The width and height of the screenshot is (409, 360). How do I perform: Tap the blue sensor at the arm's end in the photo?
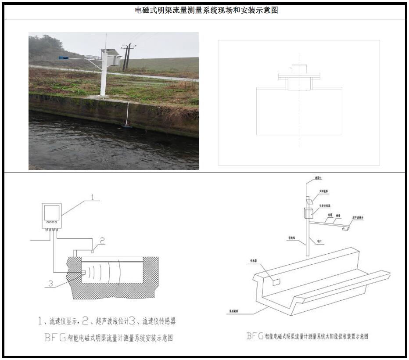click(x=63, y=58)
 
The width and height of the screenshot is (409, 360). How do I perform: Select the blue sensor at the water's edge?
click(x=127, y=127)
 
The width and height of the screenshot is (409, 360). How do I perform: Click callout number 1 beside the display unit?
click(x=93, y=197)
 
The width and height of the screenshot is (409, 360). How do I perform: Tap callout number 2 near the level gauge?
click(x=102, y=240)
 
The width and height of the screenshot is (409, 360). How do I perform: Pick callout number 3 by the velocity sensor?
click(x=50, y=284)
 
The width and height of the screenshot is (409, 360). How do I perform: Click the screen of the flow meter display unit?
click(x=53, y=212)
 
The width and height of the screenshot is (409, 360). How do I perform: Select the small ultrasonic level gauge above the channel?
click(x=93, y=252)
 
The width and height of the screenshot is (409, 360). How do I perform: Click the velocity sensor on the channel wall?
click(x=83, y=273)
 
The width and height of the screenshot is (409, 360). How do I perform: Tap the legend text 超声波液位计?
click(x=107, y=321)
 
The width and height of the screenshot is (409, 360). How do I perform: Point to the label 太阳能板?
click(x=324, y=191)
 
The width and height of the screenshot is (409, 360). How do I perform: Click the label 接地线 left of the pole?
click(x=291, y=238)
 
